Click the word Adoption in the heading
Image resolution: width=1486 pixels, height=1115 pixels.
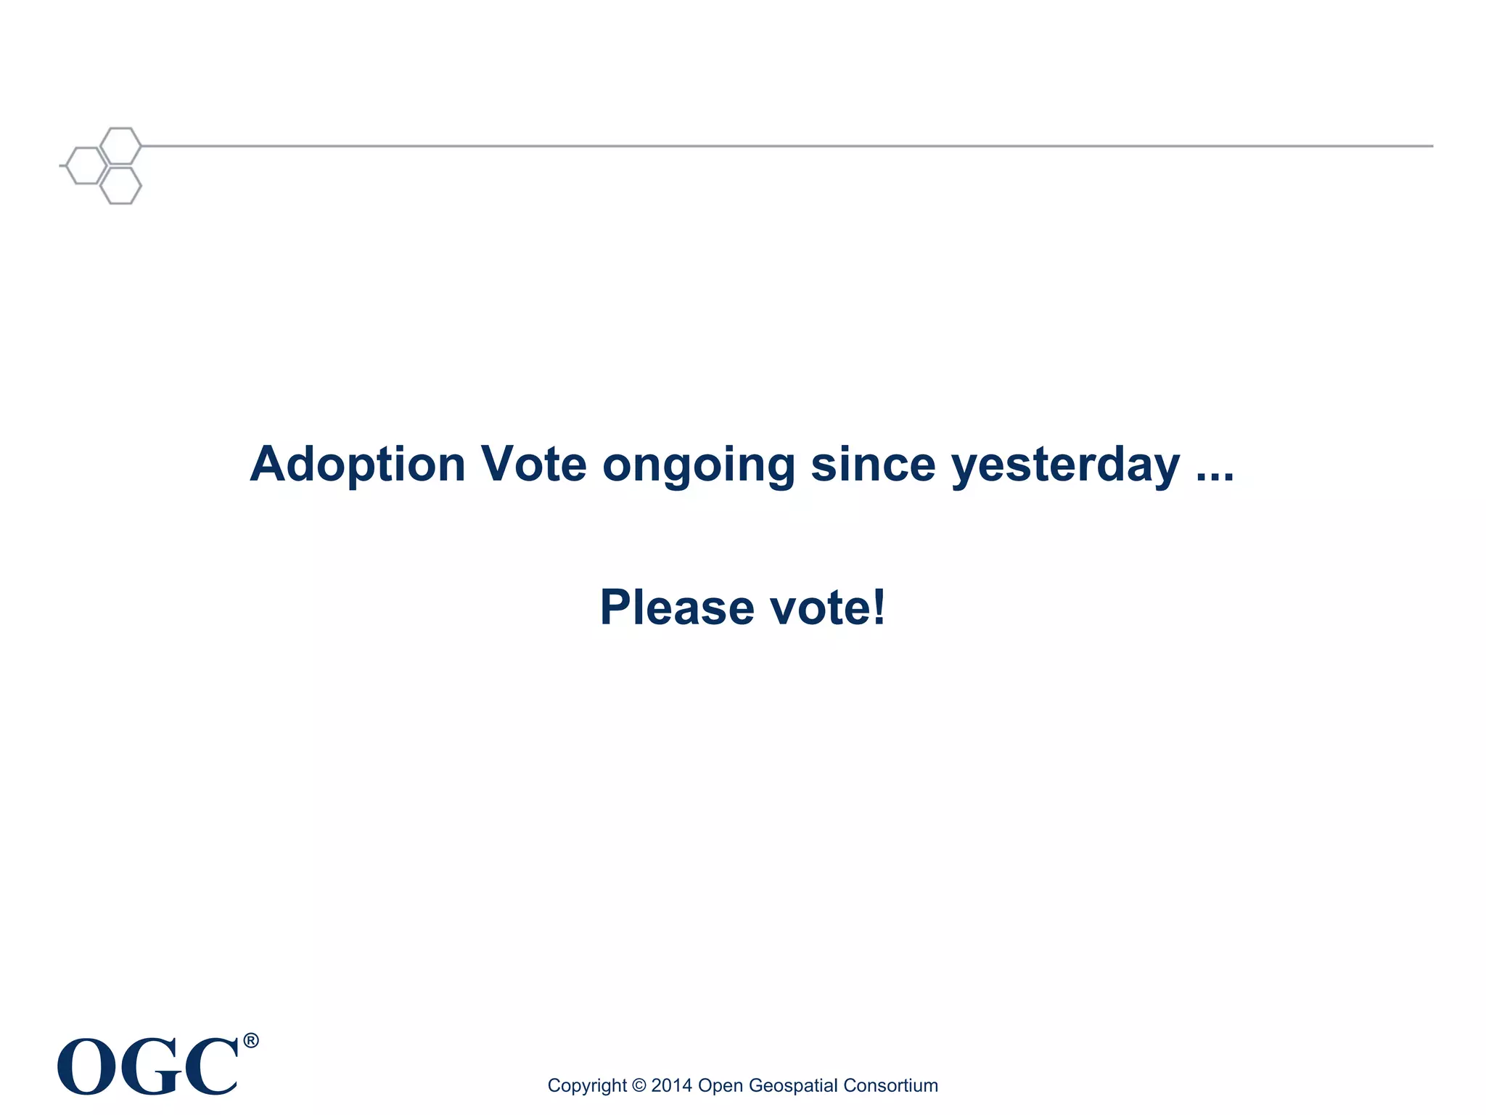(357, 465)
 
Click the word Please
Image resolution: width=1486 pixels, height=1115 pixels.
(677, 608)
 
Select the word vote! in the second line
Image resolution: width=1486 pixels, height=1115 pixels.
(827, 608)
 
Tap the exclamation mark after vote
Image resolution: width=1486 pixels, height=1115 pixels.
(879, 606)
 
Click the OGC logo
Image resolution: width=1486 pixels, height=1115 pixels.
(149, 1066)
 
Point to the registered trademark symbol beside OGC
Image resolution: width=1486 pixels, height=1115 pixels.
(250, 1041)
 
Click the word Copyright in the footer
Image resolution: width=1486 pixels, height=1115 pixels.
(586, 1085)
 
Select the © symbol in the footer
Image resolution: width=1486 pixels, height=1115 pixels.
(639, 1085)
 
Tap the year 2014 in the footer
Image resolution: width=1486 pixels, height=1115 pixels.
(671, 1085)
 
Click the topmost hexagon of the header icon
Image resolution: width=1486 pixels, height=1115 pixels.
(120, 146)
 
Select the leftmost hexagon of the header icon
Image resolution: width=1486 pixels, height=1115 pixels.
(86, 166)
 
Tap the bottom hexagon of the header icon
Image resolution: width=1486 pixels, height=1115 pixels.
(120, 185)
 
